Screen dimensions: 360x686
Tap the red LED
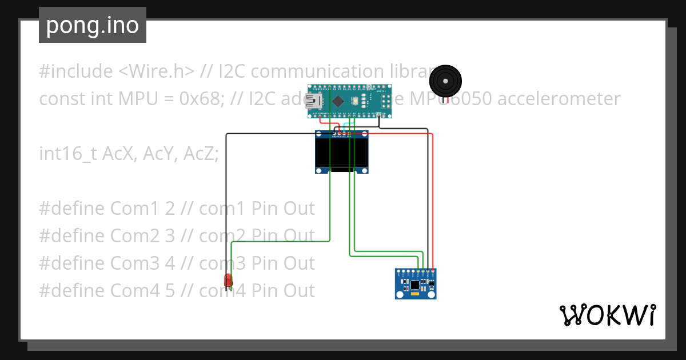(x=228, y=280)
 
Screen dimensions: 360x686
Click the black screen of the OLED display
(x=341, y=153)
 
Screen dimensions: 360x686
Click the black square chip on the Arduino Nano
(x=338, y=102)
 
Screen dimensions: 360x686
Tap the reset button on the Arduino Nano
(x=356, y=102)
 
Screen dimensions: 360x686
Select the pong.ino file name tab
(x=93, y=25)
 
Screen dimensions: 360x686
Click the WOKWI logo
(x=607, y=315)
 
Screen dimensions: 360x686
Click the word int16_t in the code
(x=69, y=154)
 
